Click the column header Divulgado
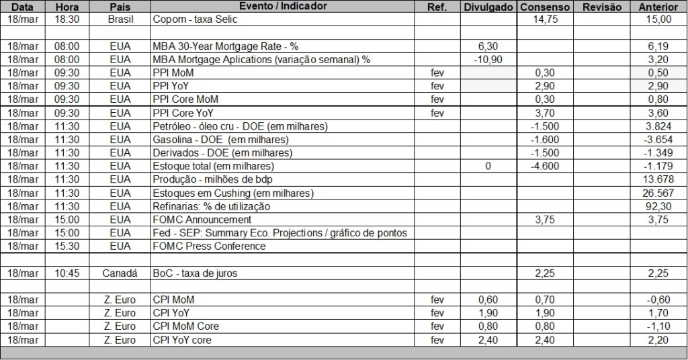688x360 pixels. tap(488, 7)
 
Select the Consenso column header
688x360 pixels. tap(544, 7)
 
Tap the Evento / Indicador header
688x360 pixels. tap(283, 6)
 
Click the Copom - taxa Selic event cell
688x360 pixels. tap(196, 19)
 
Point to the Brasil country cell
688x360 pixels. tap(121, 19)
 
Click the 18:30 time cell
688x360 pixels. tap(67, 19)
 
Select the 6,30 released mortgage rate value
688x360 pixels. tap(488, 46)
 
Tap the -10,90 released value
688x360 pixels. tap(488, 60)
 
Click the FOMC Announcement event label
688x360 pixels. tap(202, 220)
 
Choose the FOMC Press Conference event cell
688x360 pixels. tap(210, 246)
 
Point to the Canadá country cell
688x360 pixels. tap(120, 273)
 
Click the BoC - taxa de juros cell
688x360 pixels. tap(195, 273)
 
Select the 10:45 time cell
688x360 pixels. tap(67, 273)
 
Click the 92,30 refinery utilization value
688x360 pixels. tap(658, 206)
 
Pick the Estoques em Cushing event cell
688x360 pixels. tap(233, 193)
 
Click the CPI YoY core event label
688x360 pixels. tap(182, 340)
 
